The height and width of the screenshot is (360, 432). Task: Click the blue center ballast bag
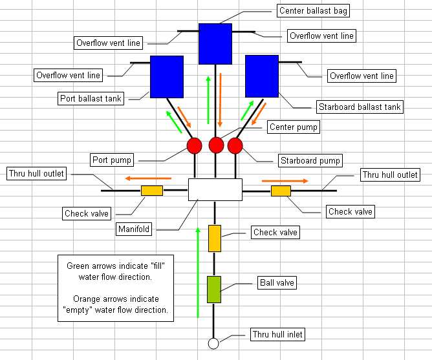215,44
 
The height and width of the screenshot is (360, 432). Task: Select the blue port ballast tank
166,77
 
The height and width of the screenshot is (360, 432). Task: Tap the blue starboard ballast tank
261,76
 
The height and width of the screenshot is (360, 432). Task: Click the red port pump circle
195,145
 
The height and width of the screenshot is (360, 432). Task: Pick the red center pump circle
215,144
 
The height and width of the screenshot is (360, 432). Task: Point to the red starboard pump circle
235,145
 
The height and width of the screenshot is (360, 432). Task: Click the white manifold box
215,189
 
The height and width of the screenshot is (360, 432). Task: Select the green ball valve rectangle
214,289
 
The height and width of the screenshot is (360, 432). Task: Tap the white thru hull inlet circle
213,343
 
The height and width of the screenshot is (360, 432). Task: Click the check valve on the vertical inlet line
215,238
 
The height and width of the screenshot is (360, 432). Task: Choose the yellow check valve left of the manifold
152,191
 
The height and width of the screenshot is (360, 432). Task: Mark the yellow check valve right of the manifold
281,191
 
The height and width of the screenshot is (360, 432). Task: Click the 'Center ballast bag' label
310,11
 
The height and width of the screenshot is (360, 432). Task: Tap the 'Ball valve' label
274,282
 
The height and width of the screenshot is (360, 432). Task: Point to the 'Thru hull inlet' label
277,334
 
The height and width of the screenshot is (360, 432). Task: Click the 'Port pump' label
112,160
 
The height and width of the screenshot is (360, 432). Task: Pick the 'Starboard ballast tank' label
360,107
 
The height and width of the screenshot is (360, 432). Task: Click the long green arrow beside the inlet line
198,272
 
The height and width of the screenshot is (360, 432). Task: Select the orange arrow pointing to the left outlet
148,178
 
